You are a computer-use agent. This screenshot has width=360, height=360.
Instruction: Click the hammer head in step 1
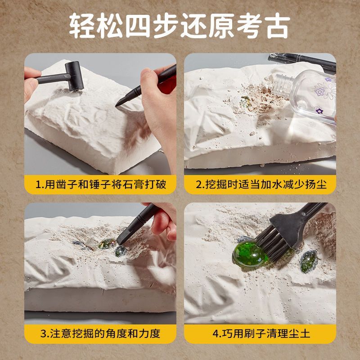tap(74, 76)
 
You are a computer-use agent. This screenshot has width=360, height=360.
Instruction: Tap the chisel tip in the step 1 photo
tap(117, 105)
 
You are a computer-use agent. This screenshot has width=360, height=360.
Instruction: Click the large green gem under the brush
tap(250, 254)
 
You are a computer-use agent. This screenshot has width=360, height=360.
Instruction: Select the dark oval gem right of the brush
tap(309, 261)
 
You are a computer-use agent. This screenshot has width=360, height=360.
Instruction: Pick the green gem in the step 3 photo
tap(107, 243)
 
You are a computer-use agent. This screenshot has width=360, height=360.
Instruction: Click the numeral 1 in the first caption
tap(38, 184)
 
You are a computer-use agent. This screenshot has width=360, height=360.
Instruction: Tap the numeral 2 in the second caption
tap(198, 184)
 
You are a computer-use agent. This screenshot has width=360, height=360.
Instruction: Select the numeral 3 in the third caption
tap(43, 333)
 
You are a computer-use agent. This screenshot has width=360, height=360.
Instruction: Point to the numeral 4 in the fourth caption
tap(216, 333)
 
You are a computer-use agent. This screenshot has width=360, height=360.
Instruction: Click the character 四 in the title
tap(138, 26)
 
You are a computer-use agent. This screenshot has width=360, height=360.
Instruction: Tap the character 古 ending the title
tap(278, 26)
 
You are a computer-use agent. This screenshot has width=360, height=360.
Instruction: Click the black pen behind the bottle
tap(303, 61)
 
